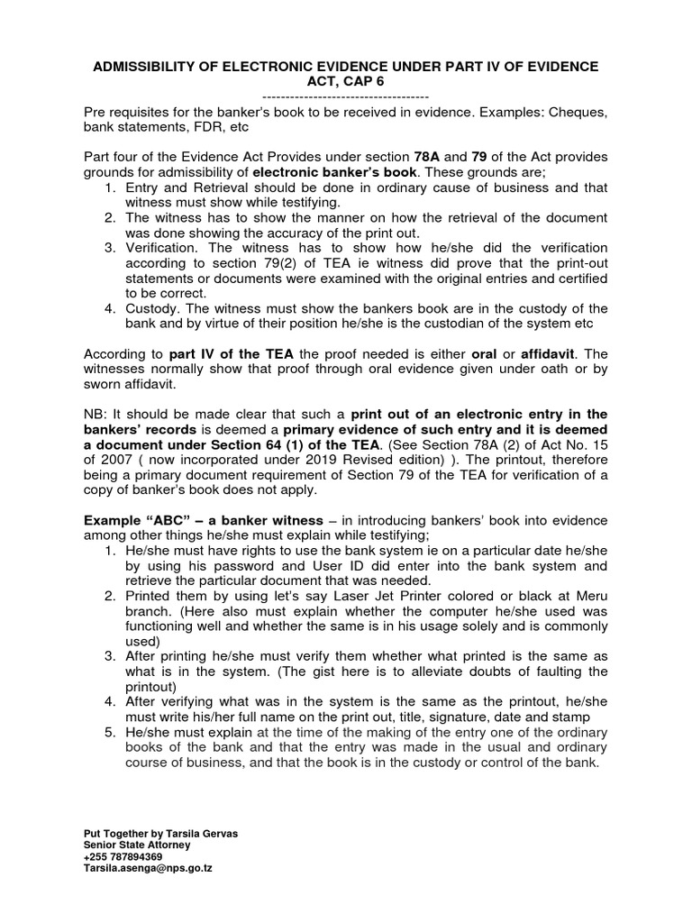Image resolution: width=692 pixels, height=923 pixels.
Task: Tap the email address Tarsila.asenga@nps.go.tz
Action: (147, 868)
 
